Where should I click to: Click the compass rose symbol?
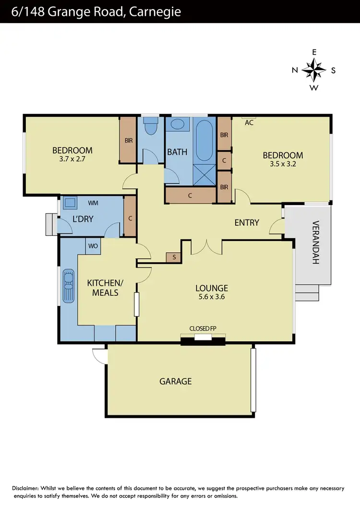pyautogui.click(x=314, y=70)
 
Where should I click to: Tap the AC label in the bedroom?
pyautogui.click(x=249, y=123)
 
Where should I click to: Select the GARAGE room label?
pyautogui.click(x=176, y=381)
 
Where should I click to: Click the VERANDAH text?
pyautogui.click(x=315, y=243)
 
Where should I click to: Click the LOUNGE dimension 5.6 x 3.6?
pyautogui.click(x=211, y=297)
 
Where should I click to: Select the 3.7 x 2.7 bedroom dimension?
pyautogui.click(x=72, y=159)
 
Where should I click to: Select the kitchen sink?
pyautogui.click(x=68, y=285)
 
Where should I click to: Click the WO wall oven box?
pyautogui.click(x=93, y=246)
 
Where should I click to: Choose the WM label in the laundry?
pyautogui.click(x=93, y=204)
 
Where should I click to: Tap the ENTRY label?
pyautogui.click(x=247, y=223)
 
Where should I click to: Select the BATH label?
pyautogui.click(x=177, y=152)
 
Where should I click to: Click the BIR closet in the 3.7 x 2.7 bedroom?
pyautogui.click(x=128, y=140)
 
